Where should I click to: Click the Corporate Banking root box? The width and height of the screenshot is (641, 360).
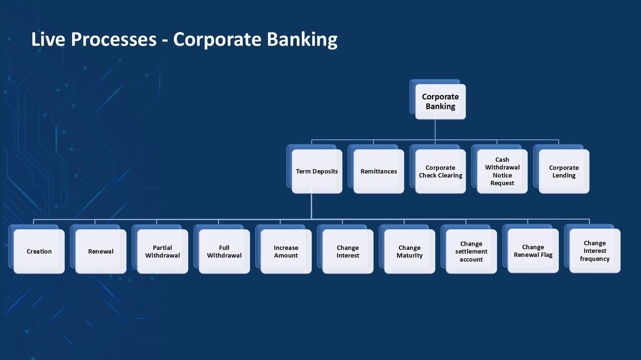(440, 101)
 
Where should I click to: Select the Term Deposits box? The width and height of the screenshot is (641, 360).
(317, 171)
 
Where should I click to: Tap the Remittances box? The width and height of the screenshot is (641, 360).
(379, 171)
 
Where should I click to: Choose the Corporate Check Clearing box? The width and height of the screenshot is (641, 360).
(440, 171)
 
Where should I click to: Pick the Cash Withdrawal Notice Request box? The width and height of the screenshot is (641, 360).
(502, 171)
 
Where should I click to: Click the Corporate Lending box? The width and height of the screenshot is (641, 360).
(564, 171)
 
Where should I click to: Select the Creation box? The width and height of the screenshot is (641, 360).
(39, 251)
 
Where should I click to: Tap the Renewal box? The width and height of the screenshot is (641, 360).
(101, 251)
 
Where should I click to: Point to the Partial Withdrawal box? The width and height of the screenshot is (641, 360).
(163, 251)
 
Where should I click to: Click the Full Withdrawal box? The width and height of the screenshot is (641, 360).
(224, 251)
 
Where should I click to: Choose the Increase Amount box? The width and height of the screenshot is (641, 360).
(286, 251)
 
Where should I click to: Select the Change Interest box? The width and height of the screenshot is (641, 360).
(348, 251)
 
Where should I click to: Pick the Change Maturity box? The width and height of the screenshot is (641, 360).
(410, 251)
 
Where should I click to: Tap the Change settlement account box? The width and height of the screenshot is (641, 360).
(471, 251)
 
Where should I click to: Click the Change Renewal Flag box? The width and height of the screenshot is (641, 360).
(533, 251)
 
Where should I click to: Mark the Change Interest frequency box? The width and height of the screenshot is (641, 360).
(595, 251)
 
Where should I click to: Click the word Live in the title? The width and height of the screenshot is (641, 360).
(48, 39)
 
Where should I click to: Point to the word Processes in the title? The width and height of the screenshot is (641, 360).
(114, 39)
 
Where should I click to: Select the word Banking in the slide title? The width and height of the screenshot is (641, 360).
(302, 39)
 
